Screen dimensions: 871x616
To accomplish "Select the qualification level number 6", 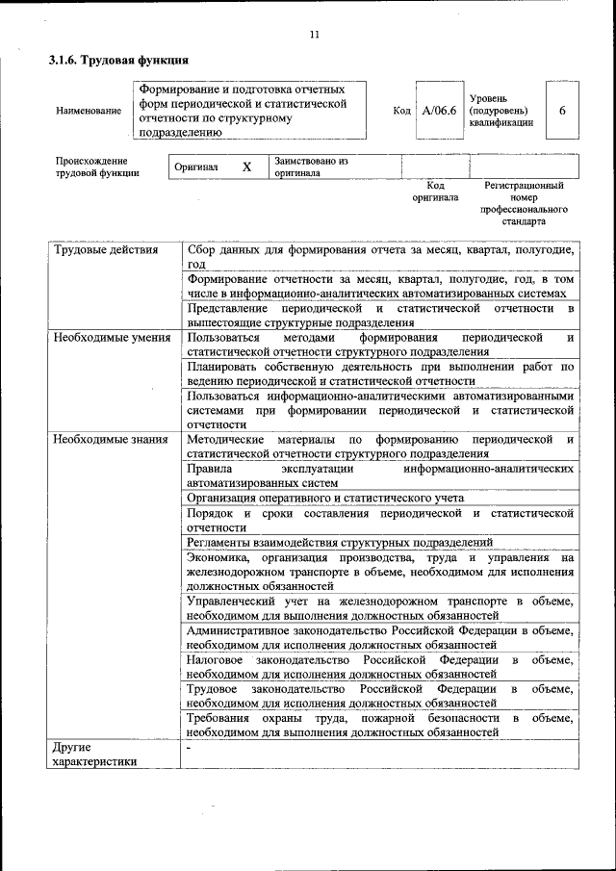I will pyautogui.click(x=562, y=111).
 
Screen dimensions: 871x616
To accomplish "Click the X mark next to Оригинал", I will pyautogui.click(x=246, y=167).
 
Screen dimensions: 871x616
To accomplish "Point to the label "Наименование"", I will pyautogui.click(x=89, y=111).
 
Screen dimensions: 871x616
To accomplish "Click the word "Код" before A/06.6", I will pyautogui.click(x=401, y=111).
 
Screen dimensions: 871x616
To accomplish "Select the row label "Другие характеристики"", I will pyautogui.click(x=94, y=754).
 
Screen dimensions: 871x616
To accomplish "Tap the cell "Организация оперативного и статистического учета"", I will pyautogui.click(x=325, y=498).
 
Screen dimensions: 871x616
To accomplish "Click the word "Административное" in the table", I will pyautogui.click(x=234, y=630).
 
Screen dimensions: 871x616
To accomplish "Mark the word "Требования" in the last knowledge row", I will pyautogui.click(x=218, y=717).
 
